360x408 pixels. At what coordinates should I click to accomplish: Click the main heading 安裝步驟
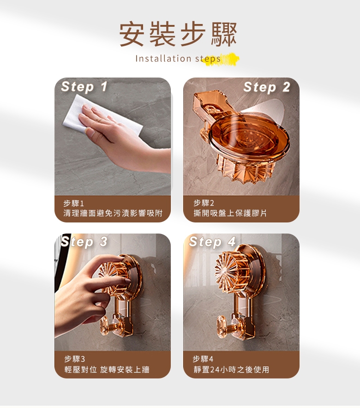point(178,34)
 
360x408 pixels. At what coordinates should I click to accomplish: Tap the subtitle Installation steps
point(178,59)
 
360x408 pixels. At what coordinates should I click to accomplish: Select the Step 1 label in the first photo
point(84,86)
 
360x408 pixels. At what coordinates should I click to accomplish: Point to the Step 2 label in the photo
point(267,87)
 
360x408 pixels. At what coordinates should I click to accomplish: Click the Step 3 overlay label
point(84,242)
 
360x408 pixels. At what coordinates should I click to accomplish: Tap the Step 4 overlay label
point(212,242)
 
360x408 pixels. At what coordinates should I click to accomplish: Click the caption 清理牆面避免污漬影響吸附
point(113,213)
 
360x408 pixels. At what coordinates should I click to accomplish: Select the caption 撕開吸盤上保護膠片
point(230,213)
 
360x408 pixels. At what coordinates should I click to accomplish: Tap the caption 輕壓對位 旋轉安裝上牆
point(107,370)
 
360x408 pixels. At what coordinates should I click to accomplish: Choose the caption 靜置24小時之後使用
point(231,370)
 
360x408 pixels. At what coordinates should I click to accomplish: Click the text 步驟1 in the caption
point(73,203)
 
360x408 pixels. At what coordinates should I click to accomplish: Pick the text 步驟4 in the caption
point(203,359)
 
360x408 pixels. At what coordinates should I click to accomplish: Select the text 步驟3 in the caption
point(75,359)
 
